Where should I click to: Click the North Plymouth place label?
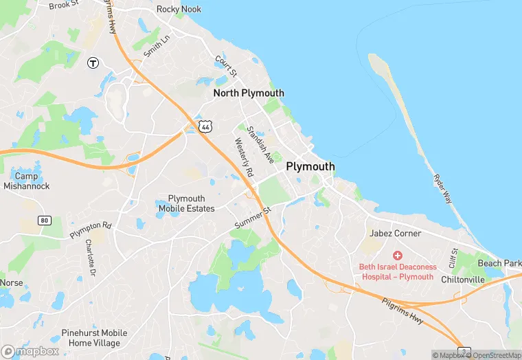[248, 93]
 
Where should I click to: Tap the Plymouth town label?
[310, 166]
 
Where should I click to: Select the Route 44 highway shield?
[205, 126]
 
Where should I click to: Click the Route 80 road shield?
[45, 221]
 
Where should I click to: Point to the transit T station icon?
[93, 63]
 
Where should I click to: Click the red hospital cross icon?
[397, 255]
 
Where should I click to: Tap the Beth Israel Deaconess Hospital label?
[396, 271]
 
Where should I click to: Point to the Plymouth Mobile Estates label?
[186, 203]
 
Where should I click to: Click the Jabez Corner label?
[395, 234]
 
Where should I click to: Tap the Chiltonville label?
[462, 280]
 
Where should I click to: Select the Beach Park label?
[499, 263]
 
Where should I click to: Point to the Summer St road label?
[253, 218]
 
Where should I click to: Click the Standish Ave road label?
[260, 144]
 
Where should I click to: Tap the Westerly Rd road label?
[244, 157]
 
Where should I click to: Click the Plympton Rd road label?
[90, 230]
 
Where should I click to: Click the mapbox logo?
[31, 351]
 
